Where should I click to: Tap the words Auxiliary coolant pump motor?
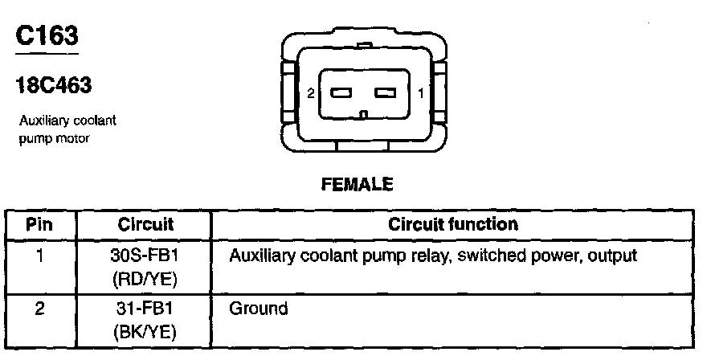[68, 129]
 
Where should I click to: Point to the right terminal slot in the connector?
[387, 93]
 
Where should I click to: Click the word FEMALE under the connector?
[357, 185]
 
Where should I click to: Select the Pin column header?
[40, 224]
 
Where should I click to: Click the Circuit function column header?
[453, 224]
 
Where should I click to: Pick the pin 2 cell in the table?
[39, 308]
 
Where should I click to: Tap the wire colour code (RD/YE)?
[141, 279]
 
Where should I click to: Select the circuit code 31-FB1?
[141, 308]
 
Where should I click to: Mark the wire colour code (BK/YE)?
[141, 330]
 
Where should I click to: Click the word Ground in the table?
[258, 308]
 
